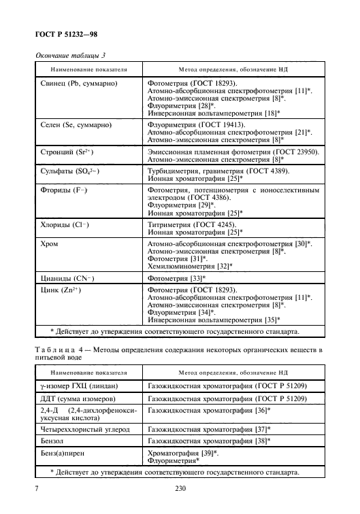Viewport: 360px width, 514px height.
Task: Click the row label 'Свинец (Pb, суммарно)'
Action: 76,84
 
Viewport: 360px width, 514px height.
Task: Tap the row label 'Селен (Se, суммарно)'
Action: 73,125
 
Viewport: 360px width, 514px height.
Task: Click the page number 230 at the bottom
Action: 180,488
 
